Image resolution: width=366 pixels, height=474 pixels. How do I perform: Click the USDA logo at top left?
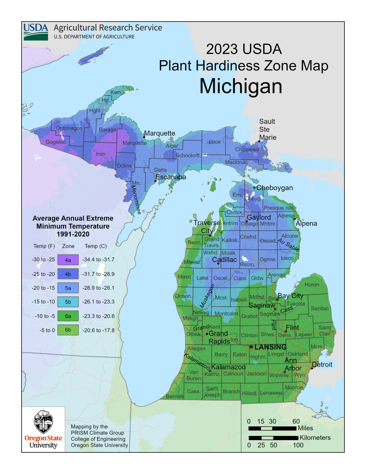[x=36, y=31]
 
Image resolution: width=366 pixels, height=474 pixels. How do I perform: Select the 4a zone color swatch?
[x=68, y=260]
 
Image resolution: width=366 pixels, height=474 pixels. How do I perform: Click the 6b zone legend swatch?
[x=68, y=330]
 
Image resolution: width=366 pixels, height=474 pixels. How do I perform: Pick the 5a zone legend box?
[x=68, y=288]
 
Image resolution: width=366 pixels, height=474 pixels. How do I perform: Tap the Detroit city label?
[x=322, y=365]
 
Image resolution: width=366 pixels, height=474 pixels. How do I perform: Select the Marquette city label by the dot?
[x=160, y=133]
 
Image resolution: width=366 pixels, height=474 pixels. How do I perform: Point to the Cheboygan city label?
[x=274, y=187]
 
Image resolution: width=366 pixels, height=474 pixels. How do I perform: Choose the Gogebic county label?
[x=56, y=142]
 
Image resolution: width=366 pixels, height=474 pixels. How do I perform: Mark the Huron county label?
[x=312, y=285]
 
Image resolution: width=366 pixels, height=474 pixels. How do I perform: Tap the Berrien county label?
[x=174, y=397]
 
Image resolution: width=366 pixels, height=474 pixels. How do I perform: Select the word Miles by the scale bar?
[x=309, y=428]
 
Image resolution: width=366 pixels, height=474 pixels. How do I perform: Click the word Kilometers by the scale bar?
[x=315, y=437]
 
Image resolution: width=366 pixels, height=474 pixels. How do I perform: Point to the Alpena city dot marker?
[x=294, y=219]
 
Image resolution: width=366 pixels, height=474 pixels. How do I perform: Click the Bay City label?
[x=290, y=295]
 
